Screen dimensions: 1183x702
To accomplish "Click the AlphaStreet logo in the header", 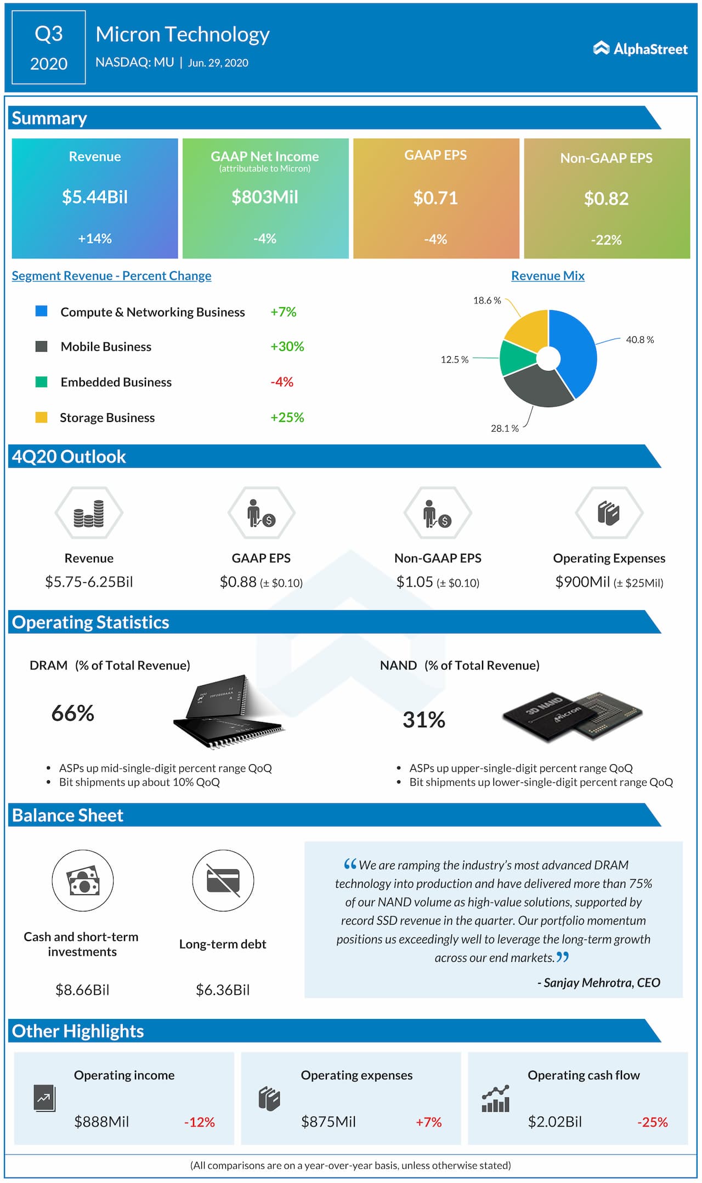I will click(640, 49).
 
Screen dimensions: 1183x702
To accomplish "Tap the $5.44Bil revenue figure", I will click(95, 197).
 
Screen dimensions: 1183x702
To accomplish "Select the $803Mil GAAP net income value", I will click(265, 197).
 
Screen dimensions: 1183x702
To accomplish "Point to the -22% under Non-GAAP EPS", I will click(606, 240).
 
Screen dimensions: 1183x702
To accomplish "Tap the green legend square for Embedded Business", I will click(41, 382).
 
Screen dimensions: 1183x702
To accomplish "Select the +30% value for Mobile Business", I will click(287, 346).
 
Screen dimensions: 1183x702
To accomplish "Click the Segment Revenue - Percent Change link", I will click(111, 275).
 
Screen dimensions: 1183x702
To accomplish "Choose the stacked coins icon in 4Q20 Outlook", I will click(89, 514).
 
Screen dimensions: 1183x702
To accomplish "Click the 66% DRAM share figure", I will click(73, 713).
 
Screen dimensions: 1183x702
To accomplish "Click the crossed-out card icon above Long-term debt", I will click(223, 881).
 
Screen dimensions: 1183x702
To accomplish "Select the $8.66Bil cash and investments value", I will click(82, 990).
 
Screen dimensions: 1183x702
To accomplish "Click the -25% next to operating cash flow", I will click(652, 1122).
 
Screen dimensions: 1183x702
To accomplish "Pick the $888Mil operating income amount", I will click(101, 1122).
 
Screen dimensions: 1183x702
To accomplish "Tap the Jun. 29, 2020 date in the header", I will click(218, 63).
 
